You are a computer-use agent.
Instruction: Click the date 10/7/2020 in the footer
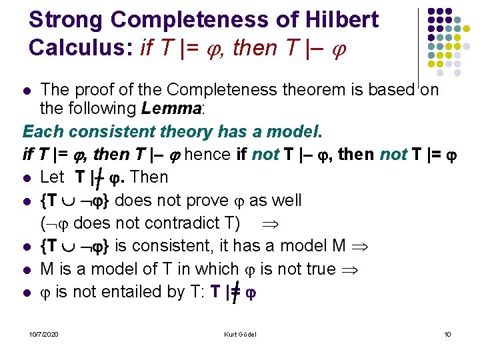click(43, 333)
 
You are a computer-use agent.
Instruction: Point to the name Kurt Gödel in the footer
click(241, 333)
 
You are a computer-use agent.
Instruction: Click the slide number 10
click(447, 333)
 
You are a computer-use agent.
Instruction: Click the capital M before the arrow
click(337, 246)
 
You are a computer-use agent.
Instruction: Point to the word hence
click(209, 155)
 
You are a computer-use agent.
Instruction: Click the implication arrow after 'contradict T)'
click(275, 223)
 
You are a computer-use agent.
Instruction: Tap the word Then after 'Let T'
click(151, 177)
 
